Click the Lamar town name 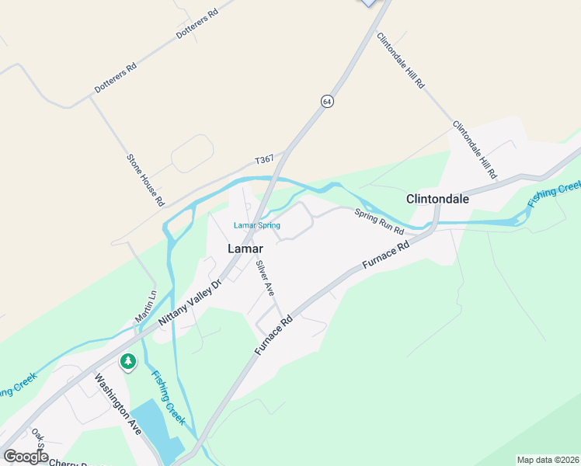click(243, 249)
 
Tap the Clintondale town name click(438, 199)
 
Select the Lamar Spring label click(257, 226)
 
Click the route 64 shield click(328, 102)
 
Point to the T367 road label click(265, 160)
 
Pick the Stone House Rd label click(145, 179)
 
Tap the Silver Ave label click(266, 277)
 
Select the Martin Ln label click(145, 308)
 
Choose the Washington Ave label click(117, 404)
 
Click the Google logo click(26, 456)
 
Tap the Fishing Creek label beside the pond click(169, 397)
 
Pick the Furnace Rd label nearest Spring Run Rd click(385, 258)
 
